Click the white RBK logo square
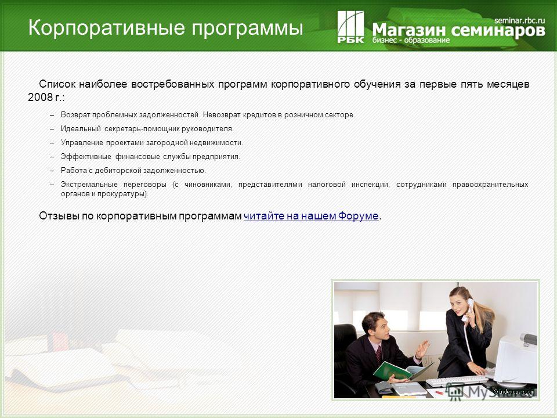(350, 27)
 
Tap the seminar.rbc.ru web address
(519, 20)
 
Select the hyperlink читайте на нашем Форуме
(311, 216)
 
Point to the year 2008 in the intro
(40, 97)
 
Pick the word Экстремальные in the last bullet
(89, 185)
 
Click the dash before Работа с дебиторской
(52, 171)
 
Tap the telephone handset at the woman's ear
(468, 309)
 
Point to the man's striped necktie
(379, 354)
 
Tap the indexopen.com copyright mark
(513, 391)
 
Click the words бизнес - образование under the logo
(411, 40)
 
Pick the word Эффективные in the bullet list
(86, 157)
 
